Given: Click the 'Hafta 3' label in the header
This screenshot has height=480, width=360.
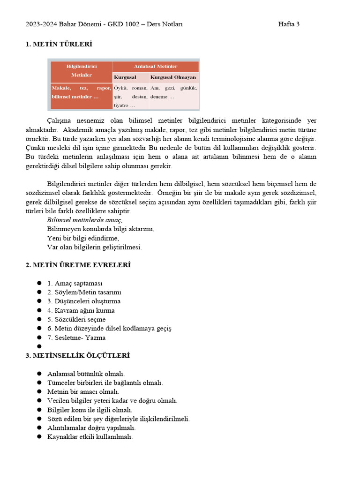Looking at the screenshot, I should [x=289, y=24].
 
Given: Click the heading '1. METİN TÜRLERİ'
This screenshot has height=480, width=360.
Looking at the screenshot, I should [x=59, y=44].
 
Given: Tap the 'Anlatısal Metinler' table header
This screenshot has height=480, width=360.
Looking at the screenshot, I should [x=156, y=66].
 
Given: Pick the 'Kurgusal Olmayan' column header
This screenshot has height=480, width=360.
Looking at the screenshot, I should [x=173, y=77].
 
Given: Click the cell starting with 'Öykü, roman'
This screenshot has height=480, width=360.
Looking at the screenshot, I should [x=130, y=96].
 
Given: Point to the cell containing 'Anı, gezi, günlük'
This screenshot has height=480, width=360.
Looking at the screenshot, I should [x=173, y=92].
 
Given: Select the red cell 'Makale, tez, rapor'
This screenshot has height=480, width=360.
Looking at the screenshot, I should [x=80, y=92].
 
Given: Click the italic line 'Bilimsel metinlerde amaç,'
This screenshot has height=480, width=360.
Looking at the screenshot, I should [x=84, y=220].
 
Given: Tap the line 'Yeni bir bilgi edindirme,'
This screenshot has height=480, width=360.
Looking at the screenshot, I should [x=83, y=238].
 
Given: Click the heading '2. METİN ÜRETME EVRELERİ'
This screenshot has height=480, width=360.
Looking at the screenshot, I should [x=78, y=265].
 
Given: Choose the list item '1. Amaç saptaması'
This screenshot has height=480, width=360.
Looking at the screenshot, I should [x=75, y=283].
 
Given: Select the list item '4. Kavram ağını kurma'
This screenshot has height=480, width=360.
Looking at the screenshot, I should [x=81, y=310].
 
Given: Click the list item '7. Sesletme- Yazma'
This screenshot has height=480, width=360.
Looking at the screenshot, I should [x=76, y=337].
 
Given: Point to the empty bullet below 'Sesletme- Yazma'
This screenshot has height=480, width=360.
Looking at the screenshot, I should [x=39, y=347].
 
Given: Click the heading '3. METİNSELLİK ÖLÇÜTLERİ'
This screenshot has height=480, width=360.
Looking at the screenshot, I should [x=77, y=355].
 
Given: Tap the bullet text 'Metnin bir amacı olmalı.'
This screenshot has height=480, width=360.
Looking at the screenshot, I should [x=83, y=391].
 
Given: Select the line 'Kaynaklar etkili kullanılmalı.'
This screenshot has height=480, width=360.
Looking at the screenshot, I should [x=90, y=436].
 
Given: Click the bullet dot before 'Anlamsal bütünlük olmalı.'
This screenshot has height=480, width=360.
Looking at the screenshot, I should [x=39, y=374].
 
